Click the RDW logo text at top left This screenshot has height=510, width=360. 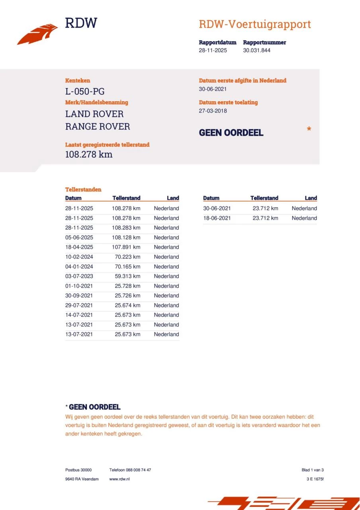(81, 23)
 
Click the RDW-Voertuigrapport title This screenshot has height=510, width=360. (254, 24)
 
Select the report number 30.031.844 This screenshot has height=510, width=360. (256, 51)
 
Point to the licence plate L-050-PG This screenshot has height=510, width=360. (85, 92)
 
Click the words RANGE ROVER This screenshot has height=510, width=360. (98, 127)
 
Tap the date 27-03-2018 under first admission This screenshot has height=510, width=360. (213, 111)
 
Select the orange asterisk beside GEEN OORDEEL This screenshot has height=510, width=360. (309, 129)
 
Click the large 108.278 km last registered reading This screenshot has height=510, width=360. (89, 155)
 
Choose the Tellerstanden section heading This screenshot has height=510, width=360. (83, 190)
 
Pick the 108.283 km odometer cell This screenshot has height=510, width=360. (126, 228)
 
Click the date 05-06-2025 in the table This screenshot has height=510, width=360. (79, 237)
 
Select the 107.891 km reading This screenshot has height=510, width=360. (126, 247)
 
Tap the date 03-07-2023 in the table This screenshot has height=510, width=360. (79, 276)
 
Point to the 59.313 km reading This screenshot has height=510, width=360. (127, 276)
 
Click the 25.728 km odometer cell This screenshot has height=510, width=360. (127, 286)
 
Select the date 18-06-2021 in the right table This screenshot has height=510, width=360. (217, 218)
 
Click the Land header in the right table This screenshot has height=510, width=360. (311, 198)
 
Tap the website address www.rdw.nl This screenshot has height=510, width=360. (119, 479)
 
